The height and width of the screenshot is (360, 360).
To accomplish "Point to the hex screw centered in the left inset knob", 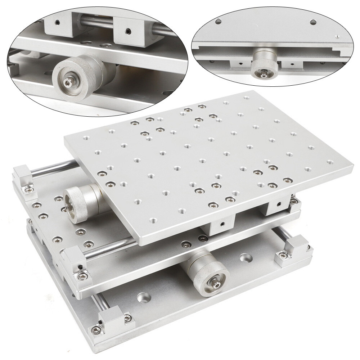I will (68, 82).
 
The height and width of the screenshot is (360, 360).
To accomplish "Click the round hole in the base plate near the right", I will (246, 258).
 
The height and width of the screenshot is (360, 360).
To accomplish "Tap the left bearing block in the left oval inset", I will (58, 26).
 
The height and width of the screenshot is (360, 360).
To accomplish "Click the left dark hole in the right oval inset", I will (218, 21).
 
